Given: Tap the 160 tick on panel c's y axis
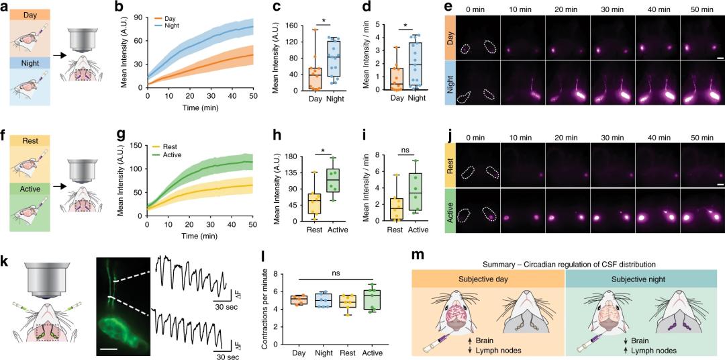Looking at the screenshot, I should pos(273,26).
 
